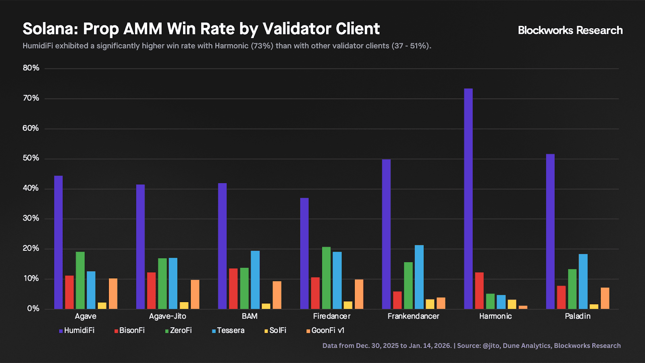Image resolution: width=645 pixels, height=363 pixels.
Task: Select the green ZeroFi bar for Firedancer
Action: pos(326,278)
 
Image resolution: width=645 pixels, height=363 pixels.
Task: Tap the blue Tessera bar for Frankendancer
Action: pos(419,277)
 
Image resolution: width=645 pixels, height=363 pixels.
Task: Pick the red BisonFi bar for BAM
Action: pos(233,288)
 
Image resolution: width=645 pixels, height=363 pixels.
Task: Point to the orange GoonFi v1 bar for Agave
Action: pos(113,294)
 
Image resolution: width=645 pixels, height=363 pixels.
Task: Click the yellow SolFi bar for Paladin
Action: pos(594,307)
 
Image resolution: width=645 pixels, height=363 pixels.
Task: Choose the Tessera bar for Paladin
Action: pos(583,282)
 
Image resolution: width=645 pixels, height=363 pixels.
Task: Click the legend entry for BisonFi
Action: pos(129,330)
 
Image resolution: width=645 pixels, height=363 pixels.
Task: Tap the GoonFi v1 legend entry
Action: pos(325,330)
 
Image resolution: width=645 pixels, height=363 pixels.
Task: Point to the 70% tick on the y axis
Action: pos(31,98)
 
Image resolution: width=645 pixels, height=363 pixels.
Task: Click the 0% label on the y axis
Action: pos(33,309)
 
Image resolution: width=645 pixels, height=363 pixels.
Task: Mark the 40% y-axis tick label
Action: pos(31,188)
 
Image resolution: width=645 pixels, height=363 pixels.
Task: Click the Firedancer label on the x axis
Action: pos(332,316)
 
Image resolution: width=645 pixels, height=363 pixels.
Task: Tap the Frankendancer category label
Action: pos(413,316)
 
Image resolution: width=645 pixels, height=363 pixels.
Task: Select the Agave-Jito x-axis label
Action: pos(168,316)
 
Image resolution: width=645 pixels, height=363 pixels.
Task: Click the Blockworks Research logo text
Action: pos(570,30)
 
